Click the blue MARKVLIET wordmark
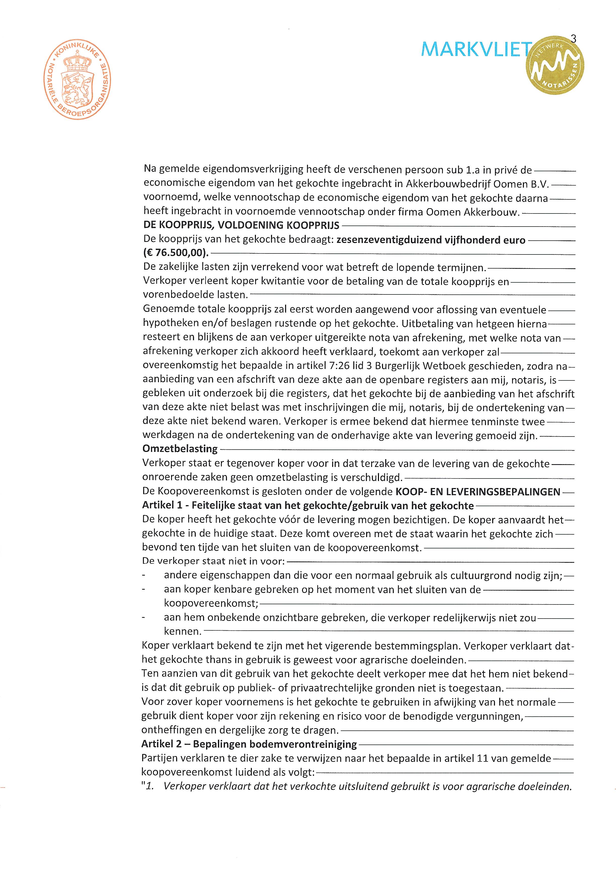coord(476,50)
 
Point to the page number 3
coord(573,39)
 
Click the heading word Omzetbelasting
coord(180,449)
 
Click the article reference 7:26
coord(339,366)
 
